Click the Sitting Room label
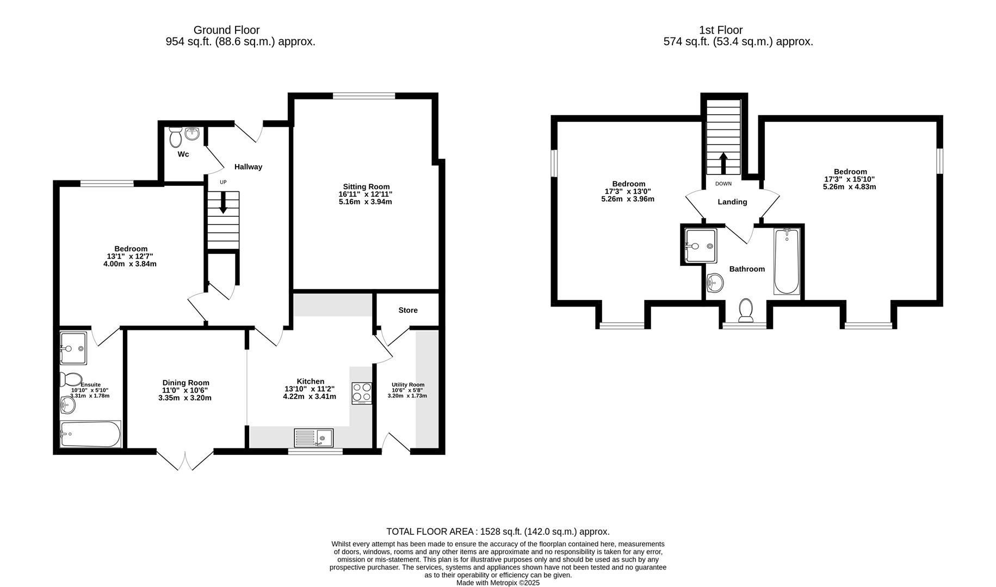[x=366, y=186]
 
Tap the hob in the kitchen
[x=362, y=394]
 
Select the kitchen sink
[x=314, y=438]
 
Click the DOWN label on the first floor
[x=723, y=184]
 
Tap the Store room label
[x=407, y=310]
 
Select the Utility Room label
[x=407, y=385]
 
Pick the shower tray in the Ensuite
[x=73, y=348]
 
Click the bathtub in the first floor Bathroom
[x=787, y=261]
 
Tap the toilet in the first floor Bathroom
[x=746, y=310]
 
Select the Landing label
[x=732, y=202]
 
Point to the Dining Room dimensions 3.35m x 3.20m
[x=185, y=398]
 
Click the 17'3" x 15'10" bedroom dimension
[x=849, y=179]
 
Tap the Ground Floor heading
[x=226, y=30]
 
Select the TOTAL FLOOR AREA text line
[x=497, y=532]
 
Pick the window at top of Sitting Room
[x=364, y=96]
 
